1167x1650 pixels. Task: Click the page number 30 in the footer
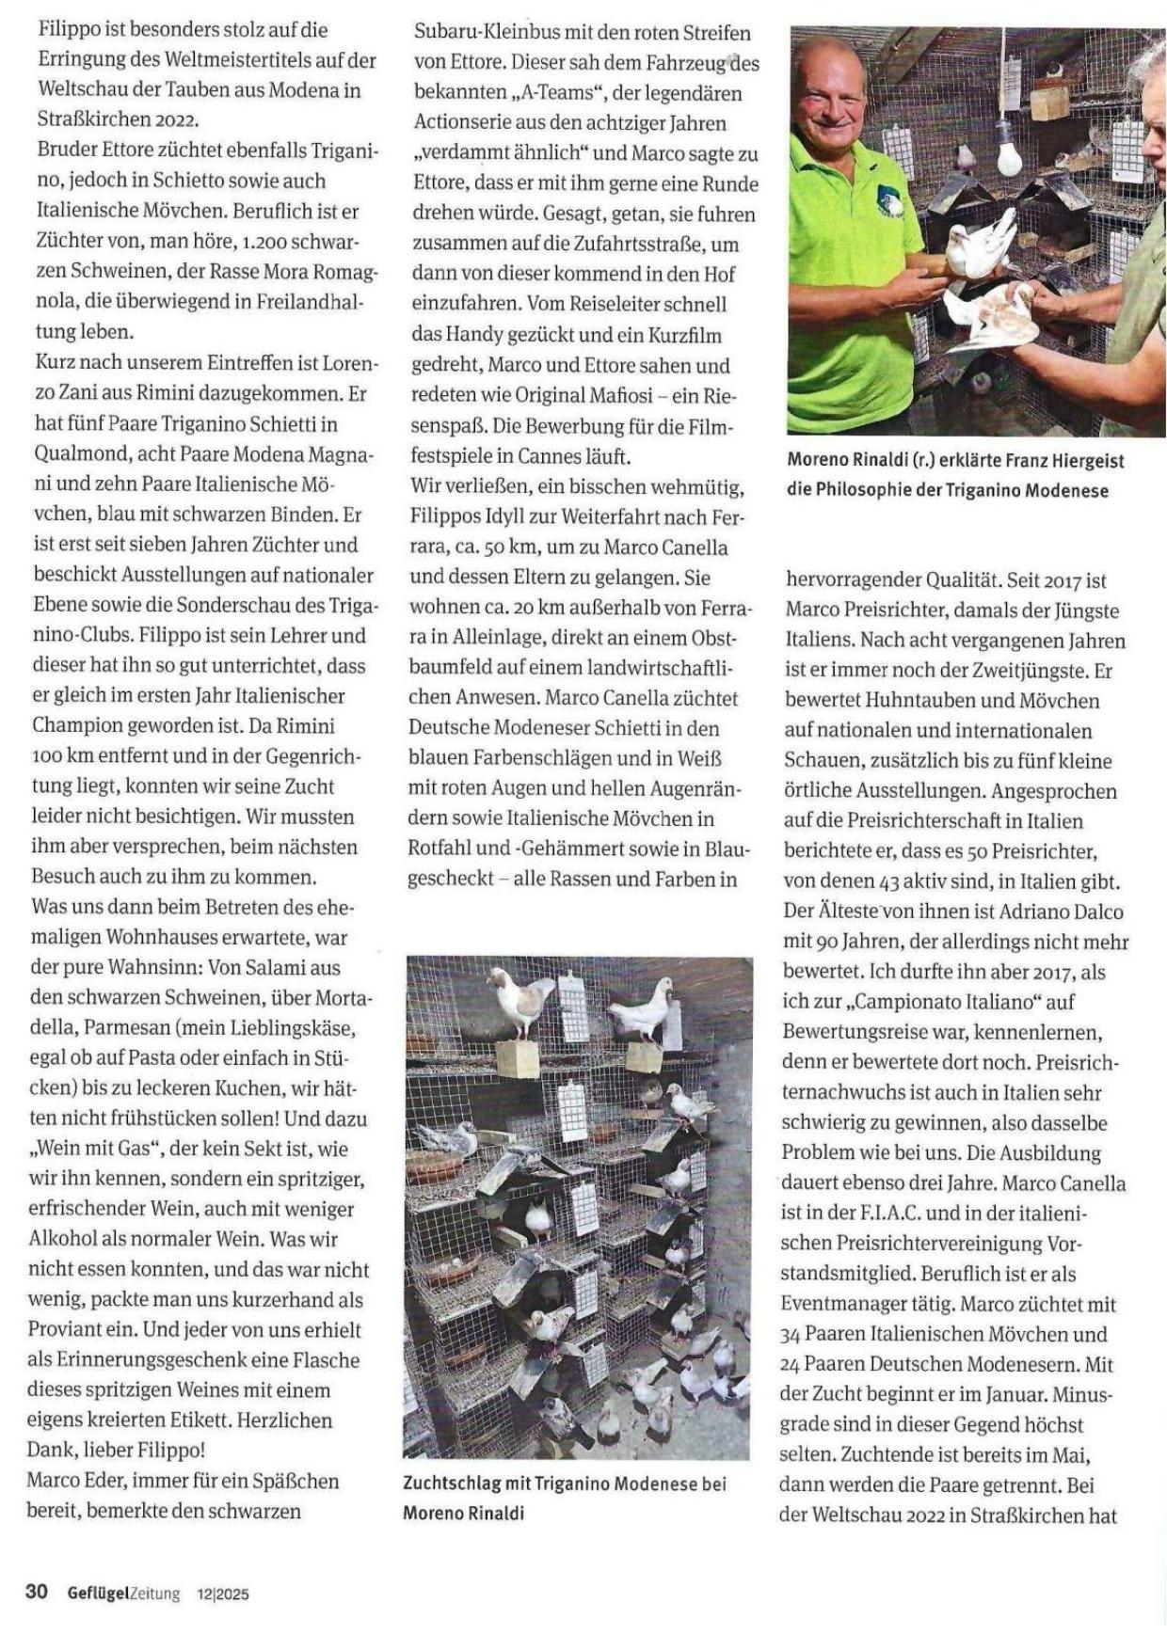(37, 1592)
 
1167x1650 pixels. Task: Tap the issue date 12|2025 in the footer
(223, 1594)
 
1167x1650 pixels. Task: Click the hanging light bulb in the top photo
(1008, 151)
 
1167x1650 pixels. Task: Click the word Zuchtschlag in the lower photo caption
(452, 1483)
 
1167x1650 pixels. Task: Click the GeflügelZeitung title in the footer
(123, 1593)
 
